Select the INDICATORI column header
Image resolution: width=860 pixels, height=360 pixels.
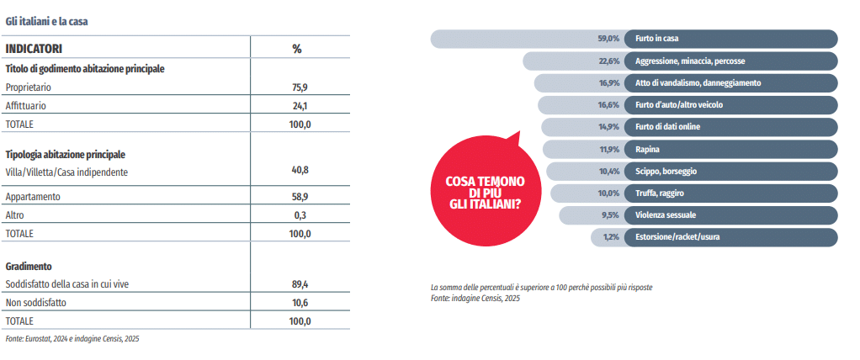tap(35, 49)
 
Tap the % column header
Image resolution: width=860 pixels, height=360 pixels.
tap(296, 49)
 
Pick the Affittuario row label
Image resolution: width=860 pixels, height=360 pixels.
tap(25, 105)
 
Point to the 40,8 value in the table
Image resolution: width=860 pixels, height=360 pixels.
tap(300, 170)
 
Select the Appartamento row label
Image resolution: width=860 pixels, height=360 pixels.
tap(33, 196)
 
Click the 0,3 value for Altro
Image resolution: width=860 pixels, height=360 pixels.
tap(300, 214)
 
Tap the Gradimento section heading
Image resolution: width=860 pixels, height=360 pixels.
tap(29, 266)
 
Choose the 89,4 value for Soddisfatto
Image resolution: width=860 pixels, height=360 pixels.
tap(300, 284)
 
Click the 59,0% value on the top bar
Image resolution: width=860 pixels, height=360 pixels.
tap(608, 39)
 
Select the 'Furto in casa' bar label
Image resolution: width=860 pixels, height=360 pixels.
tap(657, 39)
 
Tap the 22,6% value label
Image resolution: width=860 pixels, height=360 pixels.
tap(608, 61)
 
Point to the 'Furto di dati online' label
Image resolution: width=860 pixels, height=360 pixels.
tap(668, 127)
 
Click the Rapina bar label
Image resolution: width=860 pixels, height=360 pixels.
tap(648, 149)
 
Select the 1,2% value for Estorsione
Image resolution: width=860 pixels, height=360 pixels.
tap(611, 237)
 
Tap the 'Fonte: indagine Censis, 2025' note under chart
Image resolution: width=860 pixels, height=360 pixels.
tap(475, 298)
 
